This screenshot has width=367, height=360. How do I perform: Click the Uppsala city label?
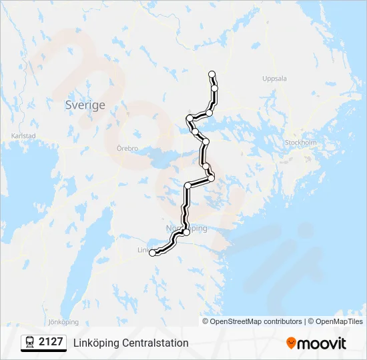coord(274,79)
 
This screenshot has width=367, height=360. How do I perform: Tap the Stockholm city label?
coord(300,143)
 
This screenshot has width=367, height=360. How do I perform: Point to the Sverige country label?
coord(85,105)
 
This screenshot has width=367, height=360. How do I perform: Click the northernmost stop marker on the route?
coord(212,74)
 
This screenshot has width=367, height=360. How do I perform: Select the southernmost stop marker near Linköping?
coord(153,253)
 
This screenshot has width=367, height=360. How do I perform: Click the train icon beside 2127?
coord(29,343)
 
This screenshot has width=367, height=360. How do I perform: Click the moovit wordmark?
coord(322,343)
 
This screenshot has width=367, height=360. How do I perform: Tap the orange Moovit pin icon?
coord(291,343)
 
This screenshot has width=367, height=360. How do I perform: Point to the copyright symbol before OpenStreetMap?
coord(206,321)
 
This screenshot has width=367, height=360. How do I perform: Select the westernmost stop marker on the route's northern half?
coord(190,118)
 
